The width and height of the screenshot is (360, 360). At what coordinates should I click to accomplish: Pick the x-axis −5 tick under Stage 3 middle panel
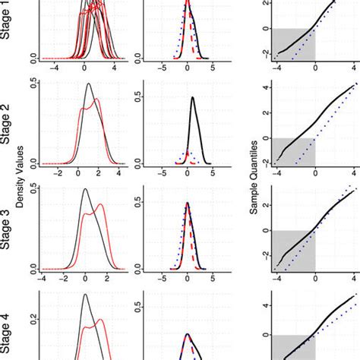pyautogui.click(x=162, y=278)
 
